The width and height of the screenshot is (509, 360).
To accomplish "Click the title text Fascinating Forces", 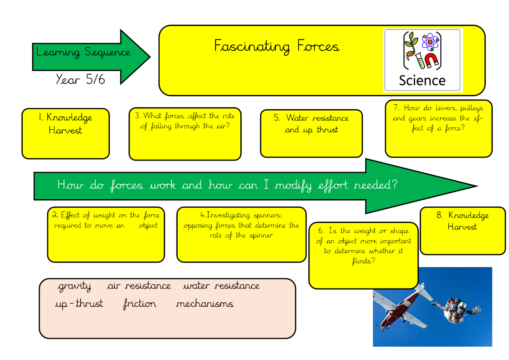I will (276, 46).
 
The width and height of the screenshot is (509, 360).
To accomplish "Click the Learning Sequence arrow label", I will (83, 53).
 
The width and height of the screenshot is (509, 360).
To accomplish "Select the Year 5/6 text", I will (80, 79).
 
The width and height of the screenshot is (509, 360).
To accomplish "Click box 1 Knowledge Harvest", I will (65, 133).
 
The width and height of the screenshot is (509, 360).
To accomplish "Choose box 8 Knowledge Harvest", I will (463, 231).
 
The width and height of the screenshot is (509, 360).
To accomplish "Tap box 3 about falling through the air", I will (185, 133).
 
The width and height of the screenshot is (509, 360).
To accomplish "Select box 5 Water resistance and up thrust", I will (311, 133).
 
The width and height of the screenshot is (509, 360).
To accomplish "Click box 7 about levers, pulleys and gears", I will (438, 128).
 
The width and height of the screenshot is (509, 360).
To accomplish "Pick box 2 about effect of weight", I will (106, 234).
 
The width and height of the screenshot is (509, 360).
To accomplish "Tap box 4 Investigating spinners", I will (241, 234).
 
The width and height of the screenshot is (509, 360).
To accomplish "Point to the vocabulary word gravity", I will (75, 286).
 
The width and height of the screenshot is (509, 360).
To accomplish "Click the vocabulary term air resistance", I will (139, 286).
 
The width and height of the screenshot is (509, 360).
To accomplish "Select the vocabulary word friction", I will (139, 304).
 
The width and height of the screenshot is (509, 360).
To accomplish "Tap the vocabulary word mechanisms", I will (205, 304).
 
